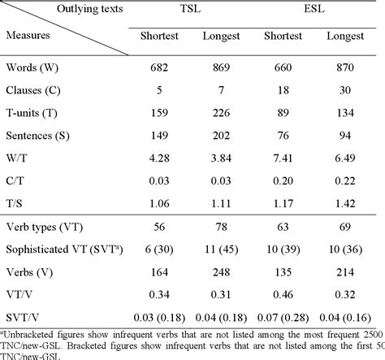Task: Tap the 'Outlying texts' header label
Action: (69, 11)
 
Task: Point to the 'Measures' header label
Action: (32, 36)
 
